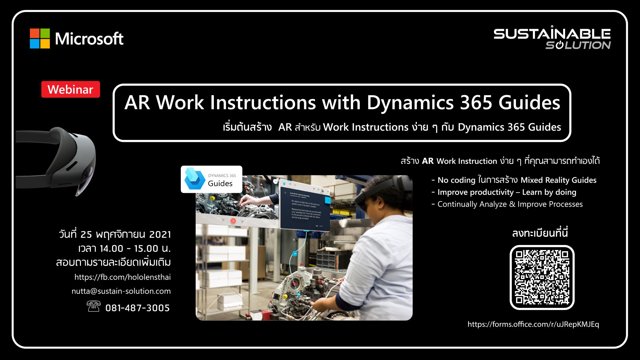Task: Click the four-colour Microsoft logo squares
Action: tap(40, 38)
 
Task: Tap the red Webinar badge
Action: tap(70, 90)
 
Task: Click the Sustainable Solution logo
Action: tap(552, 38)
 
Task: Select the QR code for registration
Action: tap(542, 277)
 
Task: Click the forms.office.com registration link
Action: tap(533, 324)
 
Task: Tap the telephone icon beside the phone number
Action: tap(93, 306)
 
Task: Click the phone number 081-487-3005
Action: tap(137, 308)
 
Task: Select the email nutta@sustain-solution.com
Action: tap(121, 291)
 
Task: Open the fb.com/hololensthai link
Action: tap(122, 277)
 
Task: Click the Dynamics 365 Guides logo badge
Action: tap(212, 179)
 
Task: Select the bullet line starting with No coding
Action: tap(514, 180)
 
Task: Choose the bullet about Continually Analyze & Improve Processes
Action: tap(507, 204)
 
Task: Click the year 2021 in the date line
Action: tap(160, 235)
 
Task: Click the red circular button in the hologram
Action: tap(233, 221)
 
